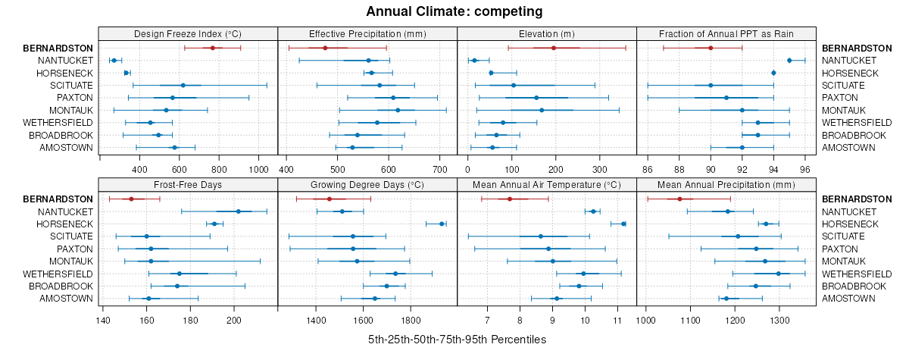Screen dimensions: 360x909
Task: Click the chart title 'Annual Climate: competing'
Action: pos(454,11)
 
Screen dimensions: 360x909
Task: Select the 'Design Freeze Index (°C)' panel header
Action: pos(188,34)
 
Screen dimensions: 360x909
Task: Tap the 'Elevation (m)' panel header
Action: pos(547,34)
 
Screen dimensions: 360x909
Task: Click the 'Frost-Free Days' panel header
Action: pos(188,184)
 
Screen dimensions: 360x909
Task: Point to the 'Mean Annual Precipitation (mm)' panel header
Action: pos(726,184)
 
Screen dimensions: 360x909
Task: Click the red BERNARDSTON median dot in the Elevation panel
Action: pos(554,48)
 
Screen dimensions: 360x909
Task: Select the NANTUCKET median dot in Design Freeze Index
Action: pos(114,60)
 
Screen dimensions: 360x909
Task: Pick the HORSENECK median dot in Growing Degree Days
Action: pos(442,224)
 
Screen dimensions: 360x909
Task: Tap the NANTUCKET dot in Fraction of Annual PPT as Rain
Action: pos(789,60)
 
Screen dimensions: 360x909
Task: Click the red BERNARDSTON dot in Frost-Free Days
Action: pos(131,199)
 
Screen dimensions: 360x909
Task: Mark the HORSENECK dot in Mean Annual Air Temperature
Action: pos(623,224)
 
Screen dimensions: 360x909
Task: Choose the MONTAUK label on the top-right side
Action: pos(842,110)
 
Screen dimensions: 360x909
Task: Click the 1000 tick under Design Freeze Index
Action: pos(258,169)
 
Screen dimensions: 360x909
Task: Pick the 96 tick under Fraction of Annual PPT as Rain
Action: pos(805,169)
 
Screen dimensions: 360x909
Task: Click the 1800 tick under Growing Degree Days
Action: pos(411,319)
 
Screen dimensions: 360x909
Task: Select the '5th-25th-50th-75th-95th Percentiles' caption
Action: pos(457,340)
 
